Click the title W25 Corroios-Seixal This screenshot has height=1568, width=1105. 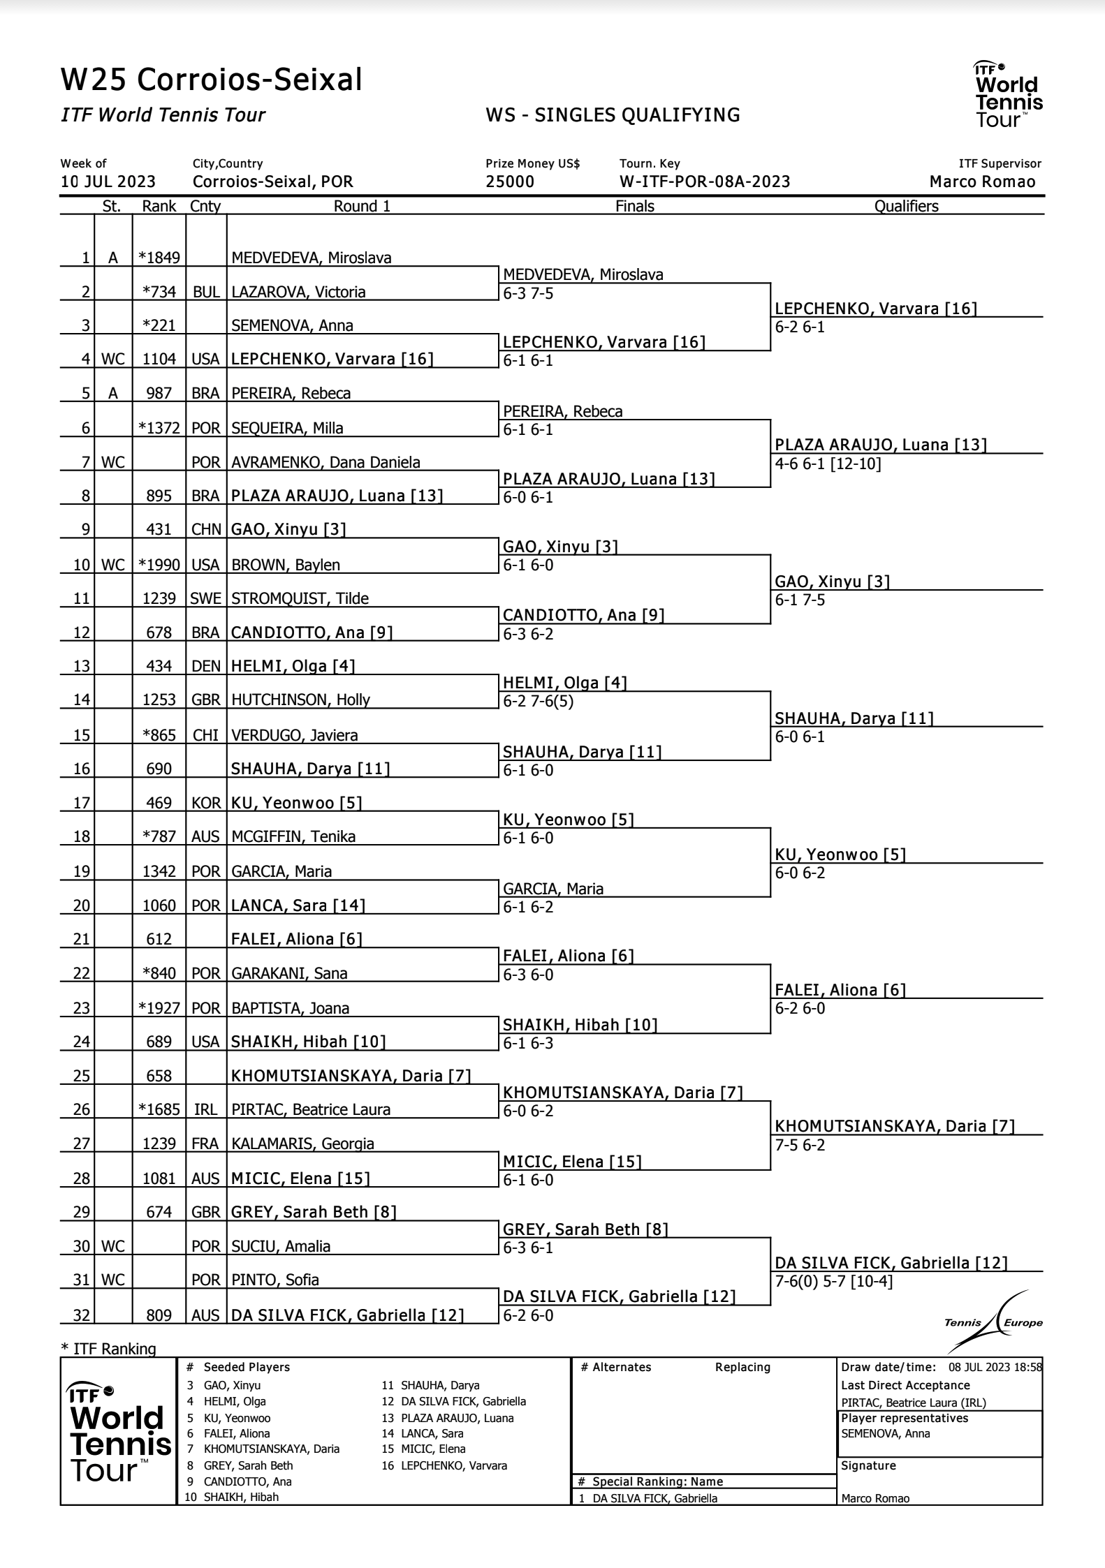(x=212, y=80)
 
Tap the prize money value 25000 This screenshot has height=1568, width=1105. (x=510, y=182)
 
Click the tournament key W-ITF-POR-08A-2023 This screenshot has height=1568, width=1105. (x=705, y=182)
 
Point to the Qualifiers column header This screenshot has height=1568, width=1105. (x=906, y=206)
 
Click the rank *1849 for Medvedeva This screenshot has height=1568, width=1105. (x=159, y=258)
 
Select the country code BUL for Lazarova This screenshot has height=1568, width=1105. (x=206, y=292)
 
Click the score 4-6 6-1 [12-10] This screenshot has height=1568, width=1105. (x=828, y=464)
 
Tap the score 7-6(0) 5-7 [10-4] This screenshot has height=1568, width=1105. (x=834, y=1281)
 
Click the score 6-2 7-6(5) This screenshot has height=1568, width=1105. (x=538, y=701)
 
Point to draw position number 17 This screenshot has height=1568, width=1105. (x=82, y=803)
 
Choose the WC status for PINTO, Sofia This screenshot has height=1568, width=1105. (x=112, y=1280)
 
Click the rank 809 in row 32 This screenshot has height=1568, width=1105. (x=159, y=1315)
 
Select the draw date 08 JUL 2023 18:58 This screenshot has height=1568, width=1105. (x=995, y=1367)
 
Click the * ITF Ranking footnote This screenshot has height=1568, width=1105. (x=109, y=1349)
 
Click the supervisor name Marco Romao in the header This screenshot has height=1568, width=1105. (x=982, y=182)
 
